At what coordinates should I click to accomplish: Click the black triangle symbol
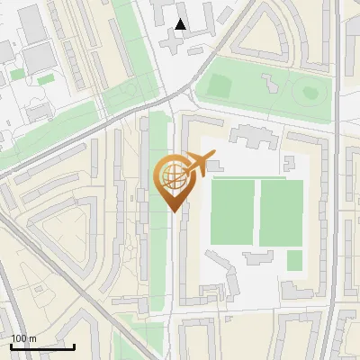click(x=181, y=24)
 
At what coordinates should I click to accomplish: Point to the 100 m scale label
click(x=24, y=338)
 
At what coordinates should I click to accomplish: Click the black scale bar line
click(x=41, y=346)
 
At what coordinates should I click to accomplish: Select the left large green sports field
click(x=233, y=212)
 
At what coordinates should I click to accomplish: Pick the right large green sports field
click(x=281, y=212)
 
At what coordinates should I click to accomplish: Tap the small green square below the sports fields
click(x=294, y=260)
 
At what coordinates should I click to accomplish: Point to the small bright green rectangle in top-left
click(x=45, y=80)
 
